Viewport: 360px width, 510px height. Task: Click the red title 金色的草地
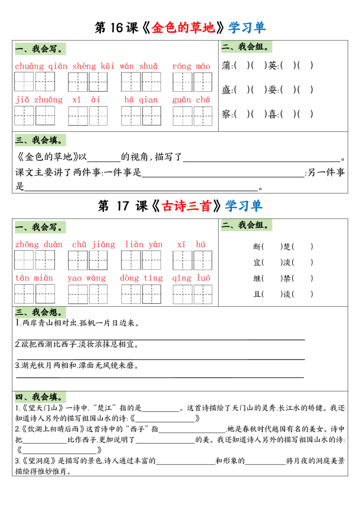click(184, 28)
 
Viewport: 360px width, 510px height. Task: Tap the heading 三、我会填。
click(41, 140)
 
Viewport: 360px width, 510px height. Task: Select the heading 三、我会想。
click(41, 313)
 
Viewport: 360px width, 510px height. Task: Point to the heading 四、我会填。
click(41, 397)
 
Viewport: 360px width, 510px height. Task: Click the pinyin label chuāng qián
click(41, 67)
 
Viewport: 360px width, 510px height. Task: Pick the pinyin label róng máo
click(191, 67)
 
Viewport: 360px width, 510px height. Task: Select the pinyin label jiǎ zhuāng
click(39, 99)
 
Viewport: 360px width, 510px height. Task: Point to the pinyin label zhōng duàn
click(39, 244)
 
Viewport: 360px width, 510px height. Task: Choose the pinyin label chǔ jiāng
click(93, 244)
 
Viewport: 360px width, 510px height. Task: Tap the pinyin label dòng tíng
click(141, 278)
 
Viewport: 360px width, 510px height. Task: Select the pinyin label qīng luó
click(191, 278)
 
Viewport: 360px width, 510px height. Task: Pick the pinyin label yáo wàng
click(86, 278)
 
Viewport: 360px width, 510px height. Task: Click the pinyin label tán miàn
click(34, 278)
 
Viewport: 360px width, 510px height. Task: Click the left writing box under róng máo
click(182, 82)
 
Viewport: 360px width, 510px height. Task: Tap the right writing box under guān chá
click(203, 116)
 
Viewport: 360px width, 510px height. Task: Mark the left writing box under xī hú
click(182, 260)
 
